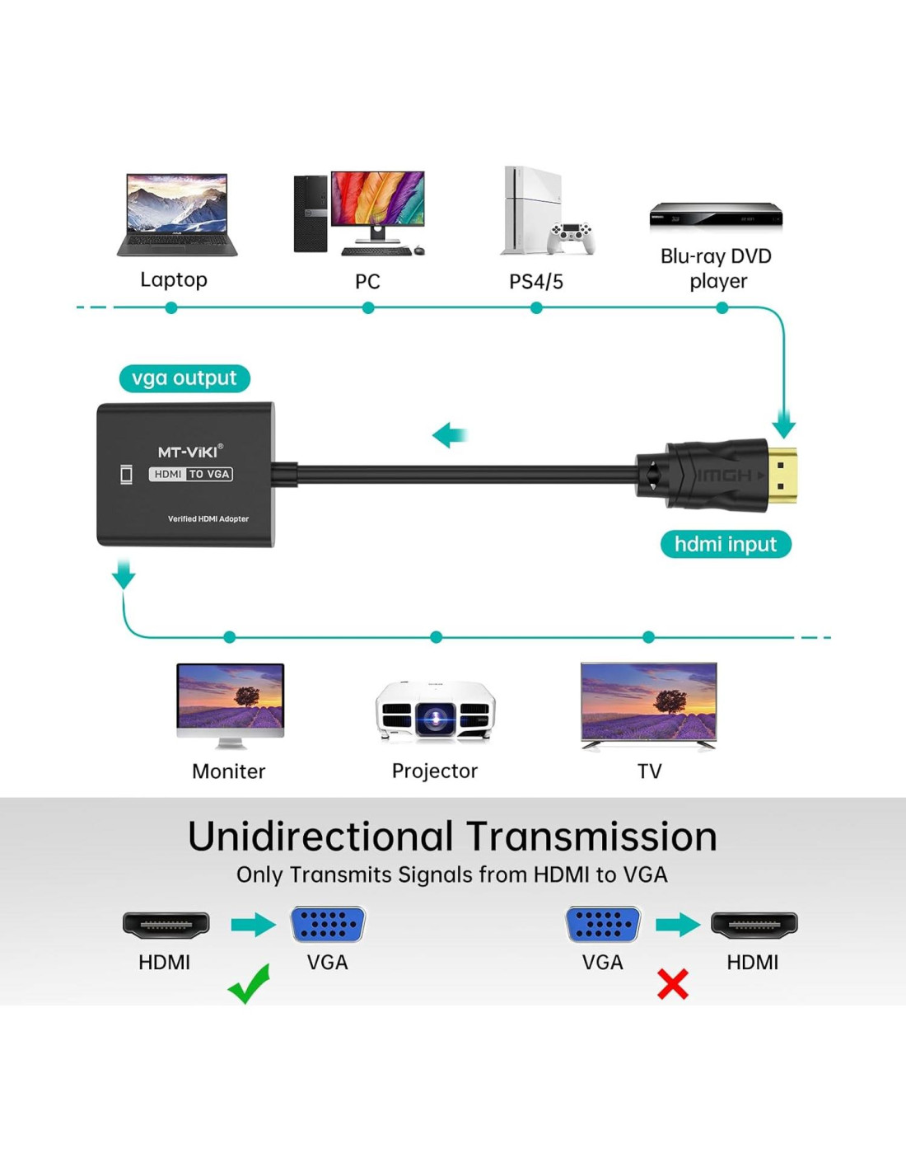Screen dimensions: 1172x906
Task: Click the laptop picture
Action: tap(177, 214)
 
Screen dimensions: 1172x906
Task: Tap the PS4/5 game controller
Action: tap(572, 237)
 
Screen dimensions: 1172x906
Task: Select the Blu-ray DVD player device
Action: tap(716, 215)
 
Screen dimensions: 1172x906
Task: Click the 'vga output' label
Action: tap(184, 378)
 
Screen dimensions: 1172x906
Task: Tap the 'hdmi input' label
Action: tap(726, 544)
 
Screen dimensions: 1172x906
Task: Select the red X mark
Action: tap(673, 983)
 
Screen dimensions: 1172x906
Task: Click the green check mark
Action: tap(249, 983)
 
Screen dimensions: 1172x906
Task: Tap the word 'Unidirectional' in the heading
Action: tap(321, 837)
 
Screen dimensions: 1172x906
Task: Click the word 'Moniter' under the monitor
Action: tap(228, 771)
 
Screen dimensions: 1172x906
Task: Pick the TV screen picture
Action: tap(649, 702)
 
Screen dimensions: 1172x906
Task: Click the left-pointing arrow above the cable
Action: tap(450, 434)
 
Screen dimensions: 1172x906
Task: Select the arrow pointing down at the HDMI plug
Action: tap(784, 424)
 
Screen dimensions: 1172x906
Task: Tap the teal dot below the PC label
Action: tap(368, 308)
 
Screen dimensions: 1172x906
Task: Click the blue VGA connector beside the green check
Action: tap(328, 925)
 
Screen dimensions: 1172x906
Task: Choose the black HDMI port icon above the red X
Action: tap(754, 925)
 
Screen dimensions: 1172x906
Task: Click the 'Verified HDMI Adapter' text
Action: tap(208, 519)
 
